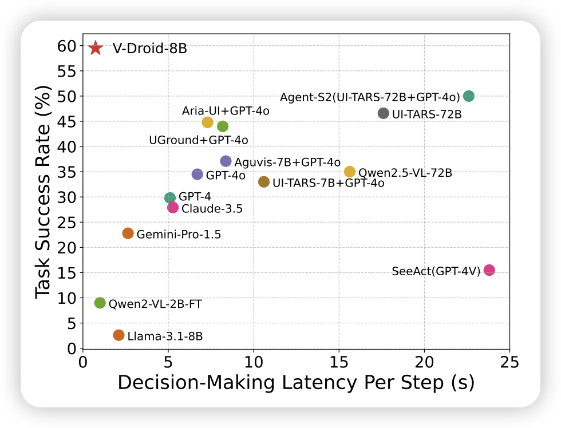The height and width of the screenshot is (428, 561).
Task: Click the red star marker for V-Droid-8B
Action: point(96,48)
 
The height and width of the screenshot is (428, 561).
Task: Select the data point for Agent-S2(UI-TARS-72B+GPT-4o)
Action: point(469,96)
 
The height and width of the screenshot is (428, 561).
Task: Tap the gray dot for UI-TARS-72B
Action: point(384,113)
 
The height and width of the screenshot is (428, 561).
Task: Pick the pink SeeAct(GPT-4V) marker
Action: point(489,270)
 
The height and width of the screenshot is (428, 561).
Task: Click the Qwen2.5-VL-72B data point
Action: point(350,172)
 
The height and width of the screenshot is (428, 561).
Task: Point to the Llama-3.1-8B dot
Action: point(118,335)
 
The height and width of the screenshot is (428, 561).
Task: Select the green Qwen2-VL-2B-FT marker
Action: point(100,303)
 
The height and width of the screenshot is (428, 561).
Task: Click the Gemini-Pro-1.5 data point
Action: point(128,233)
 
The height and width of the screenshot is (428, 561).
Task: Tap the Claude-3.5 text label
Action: point(212,209)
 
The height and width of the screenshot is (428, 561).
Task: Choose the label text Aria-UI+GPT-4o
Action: point(226,110)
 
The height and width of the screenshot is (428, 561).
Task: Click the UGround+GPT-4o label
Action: point(198,140)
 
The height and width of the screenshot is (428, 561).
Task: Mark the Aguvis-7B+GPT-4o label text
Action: point(287,162)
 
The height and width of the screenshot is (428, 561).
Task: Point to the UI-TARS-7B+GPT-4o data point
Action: point(264,182)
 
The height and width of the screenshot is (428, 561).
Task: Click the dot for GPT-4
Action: point(170,198)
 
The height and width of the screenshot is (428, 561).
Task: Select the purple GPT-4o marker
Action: point(197,175)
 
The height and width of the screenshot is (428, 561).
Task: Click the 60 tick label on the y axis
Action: point(68,46)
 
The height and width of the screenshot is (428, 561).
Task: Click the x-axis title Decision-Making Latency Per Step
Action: point(296,383)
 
